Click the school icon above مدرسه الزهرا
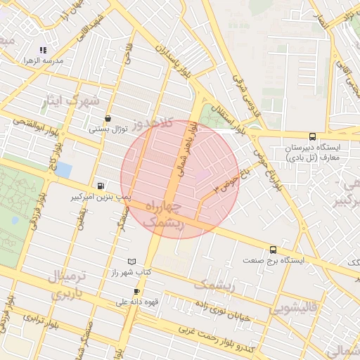[44, 50]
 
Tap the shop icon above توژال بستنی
[107, 119]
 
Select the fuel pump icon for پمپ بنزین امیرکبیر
[102, 186]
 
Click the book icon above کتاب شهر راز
[133, 261]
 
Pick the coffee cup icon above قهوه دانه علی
[136, 291]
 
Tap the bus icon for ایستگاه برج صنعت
[273, 250]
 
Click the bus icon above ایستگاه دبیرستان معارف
[312, 137]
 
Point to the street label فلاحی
[129, 56]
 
